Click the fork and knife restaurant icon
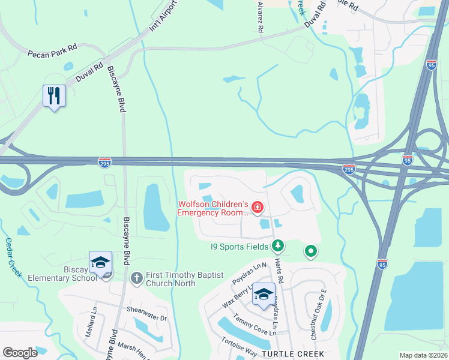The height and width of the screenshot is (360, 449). (x=54, y=96)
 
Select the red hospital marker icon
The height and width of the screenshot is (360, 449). (x=258, y=208)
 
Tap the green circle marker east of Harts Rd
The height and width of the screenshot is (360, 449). (x=310, y=251)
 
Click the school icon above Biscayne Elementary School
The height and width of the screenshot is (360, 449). (x=101, y=263)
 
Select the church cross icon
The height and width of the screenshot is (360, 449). (x=136, y=278)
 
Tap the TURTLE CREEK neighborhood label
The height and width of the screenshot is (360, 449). (x=292, y=355)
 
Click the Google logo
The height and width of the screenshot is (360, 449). (x=20, y=353)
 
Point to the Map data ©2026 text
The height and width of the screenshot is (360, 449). (x=423, y=355)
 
